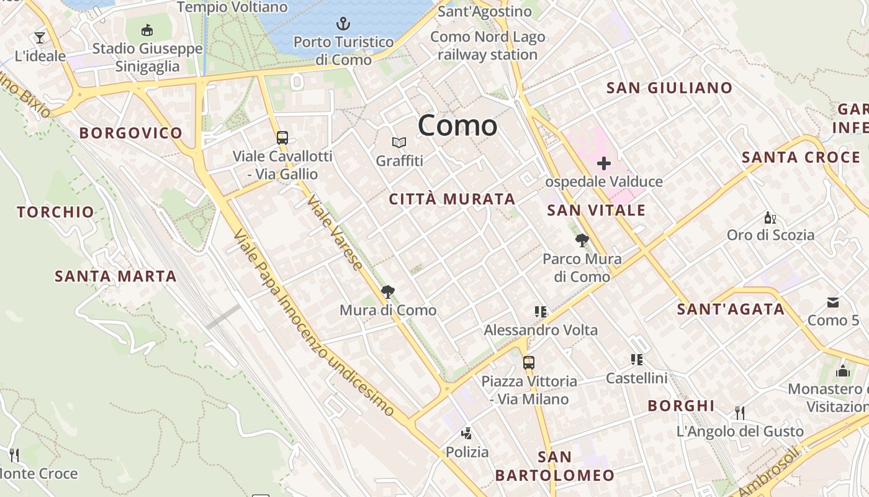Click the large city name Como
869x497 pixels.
coord(457,125)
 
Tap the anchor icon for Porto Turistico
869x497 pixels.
coord(343,24)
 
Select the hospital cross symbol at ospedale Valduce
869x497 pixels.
coord(604,164)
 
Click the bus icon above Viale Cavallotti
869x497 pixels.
coord(282,137)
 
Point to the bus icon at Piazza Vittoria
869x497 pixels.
coord(529,362)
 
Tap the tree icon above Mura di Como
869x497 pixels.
coord(388,291)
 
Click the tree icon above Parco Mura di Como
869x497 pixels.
coord(582,240)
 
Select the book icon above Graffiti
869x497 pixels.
coord(399,143)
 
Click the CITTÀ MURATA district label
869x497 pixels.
coord(452,199)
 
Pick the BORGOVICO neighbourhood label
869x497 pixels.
coord(131,133)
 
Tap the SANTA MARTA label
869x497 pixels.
coord(115,276)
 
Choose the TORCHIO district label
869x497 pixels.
coord(56,212)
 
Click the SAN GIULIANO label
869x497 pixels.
coord(669,88)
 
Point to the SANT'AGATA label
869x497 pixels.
coord(731,309)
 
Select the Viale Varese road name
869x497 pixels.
coord(335,234)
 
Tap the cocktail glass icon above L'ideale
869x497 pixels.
coord(40,38)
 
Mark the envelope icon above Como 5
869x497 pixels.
coord(833,303)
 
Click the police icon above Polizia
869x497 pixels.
coord(467,434)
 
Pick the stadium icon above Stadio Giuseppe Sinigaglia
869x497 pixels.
coord(147,30)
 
